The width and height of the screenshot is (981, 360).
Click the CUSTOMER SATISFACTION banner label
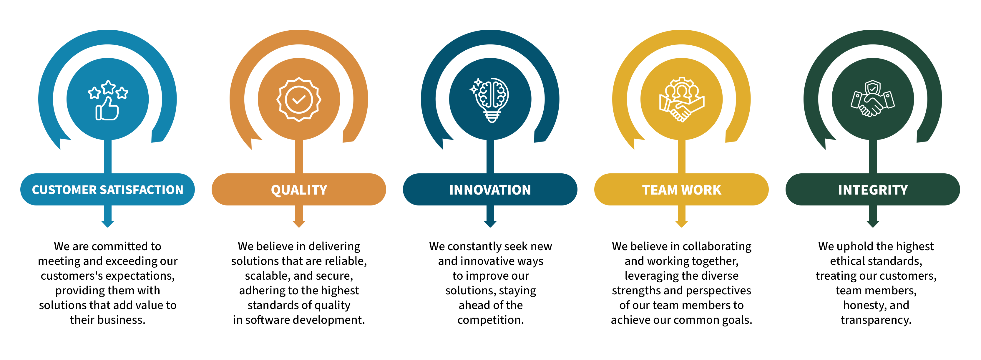click(107, 190)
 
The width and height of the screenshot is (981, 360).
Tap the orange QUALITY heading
click(299, 190)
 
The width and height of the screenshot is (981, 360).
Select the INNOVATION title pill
click(490, 190)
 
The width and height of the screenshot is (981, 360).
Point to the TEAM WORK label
click(682, 190)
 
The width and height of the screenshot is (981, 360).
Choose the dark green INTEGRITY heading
click(873, 190)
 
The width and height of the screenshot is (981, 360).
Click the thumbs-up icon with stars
click(108, 100)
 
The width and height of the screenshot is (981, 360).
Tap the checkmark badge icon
click(299, 100)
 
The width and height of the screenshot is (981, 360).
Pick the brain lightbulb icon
click(490, 100)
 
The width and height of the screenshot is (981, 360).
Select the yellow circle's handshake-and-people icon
click(682, 100)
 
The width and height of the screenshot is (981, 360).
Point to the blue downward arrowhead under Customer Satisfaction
click(108, 224)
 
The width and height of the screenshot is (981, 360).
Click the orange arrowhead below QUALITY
click(299, 224)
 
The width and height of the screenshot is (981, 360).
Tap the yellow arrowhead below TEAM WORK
click(682, 224)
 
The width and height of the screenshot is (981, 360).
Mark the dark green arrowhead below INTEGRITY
click(873, 224)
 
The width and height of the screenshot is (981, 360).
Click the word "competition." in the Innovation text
click(490, 320)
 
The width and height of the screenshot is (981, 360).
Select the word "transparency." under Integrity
click(876, 320)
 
